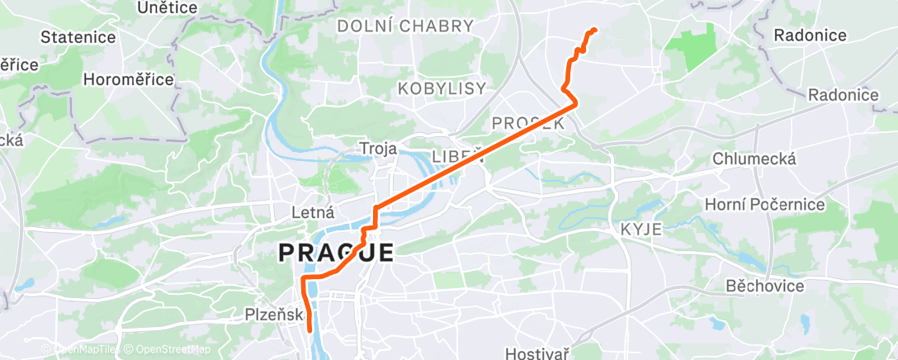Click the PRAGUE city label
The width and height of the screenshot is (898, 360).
point(336,252)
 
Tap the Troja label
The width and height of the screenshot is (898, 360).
point(378,149)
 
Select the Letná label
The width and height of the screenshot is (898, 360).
point(312,212)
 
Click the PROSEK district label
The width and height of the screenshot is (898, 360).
point(527,122)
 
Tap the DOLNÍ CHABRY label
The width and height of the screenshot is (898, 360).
point(405,26)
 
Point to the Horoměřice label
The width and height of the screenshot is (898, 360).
point(128,79)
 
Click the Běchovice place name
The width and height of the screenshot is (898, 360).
point(764,286)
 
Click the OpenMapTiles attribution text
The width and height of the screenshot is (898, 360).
point(83,349)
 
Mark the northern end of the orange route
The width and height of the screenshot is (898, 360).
point(593,31)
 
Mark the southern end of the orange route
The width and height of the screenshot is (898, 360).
point(310,329)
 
